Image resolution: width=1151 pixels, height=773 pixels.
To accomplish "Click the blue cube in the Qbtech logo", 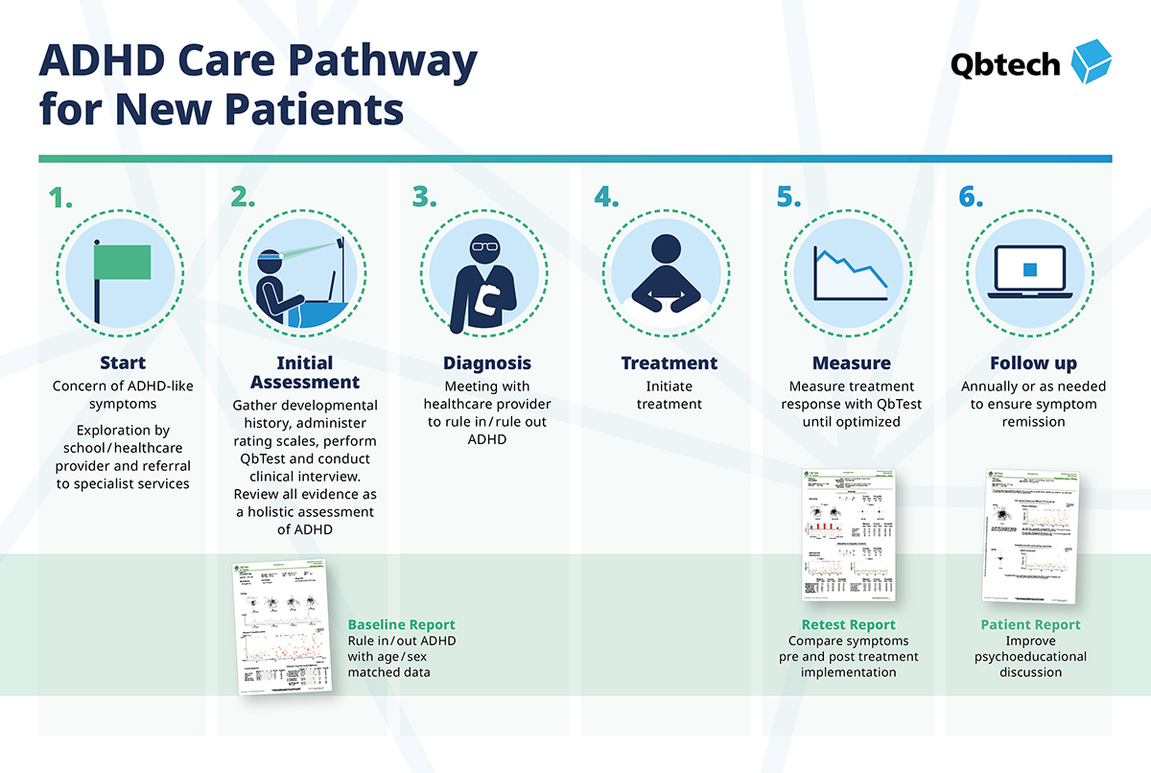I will tap(1089, 62).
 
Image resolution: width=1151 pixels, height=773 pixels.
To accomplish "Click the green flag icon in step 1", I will tap(122, 262).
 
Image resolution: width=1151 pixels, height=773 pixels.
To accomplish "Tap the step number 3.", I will tap(425, 197).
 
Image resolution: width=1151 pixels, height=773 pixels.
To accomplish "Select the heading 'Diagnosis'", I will tap(486, 363).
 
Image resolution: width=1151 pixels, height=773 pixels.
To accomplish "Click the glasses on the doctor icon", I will tap(485, 246).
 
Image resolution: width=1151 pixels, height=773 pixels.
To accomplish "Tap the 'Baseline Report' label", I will tap(401, 624).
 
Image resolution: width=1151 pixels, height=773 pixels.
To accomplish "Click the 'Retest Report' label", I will tap(849, 624).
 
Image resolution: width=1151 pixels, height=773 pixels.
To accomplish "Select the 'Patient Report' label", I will tap(1030, 624).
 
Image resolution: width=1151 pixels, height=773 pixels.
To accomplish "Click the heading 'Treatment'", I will tap(669, 363).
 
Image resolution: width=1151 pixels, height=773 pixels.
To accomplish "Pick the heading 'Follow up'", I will tap(1033, 363).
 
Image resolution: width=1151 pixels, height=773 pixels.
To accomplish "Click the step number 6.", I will tap(971, 197).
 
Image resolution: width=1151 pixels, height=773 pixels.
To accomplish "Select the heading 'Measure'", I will tap(851, 363).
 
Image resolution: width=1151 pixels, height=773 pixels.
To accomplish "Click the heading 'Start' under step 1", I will tap(123, 363).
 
